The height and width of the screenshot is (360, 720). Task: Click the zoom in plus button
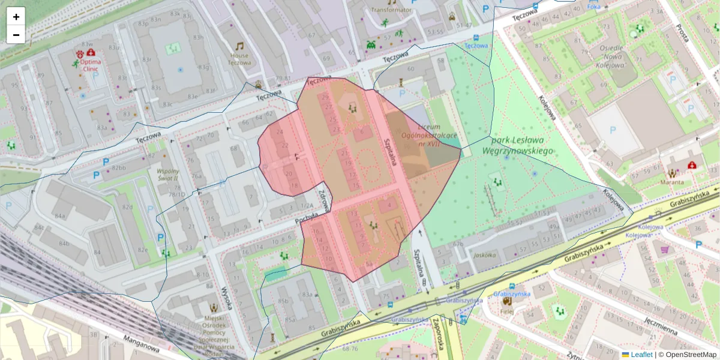[16, 17]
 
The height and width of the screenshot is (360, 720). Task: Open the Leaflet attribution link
[641, 355]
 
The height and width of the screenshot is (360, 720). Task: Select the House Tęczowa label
[239, 59]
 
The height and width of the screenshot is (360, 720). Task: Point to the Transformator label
[391, 10]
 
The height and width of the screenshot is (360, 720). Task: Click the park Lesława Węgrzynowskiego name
[517, 146]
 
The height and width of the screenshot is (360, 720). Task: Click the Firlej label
[508, 312]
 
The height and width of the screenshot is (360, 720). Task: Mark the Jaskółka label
[484, 254]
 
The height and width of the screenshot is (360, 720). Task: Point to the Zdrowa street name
[324, 202]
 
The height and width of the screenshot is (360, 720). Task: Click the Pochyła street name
[306, 222]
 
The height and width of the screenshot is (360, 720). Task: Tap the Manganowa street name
[141, 346]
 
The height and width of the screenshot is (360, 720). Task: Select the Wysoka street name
[226, 298]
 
